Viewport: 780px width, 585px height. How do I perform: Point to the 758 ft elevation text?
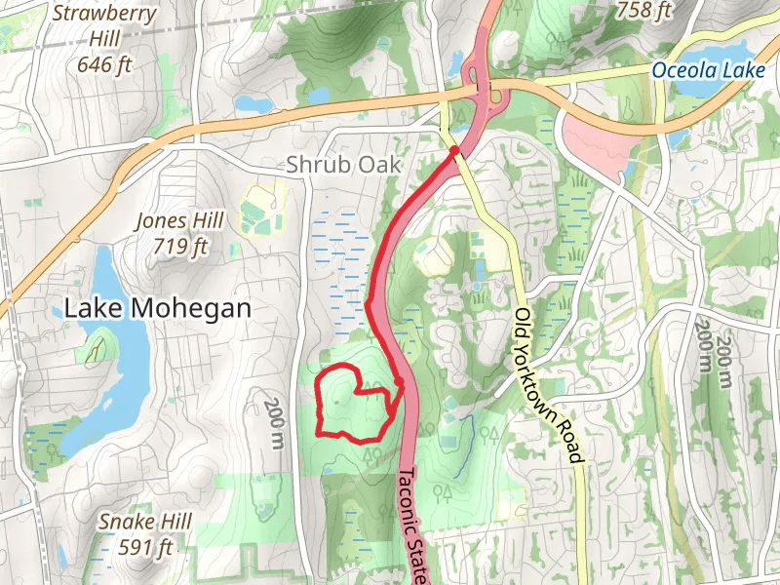(644, 11)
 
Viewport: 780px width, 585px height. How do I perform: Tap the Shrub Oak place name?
(343, 165)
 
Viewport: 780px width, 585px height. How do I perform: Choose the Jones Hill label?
(180, 220)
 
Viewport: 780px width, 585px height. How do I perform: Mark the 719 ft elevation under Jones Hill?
(180, 246)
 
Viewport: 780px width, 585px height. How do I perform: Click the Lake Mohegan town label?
(157, 308)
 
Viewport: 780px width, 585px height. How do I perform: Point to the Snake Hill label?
(144, 521)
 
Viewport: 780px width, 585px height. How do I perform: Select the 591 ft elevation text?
(144, 546)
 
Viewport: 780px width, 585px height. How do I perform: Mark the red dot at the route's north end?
(454, 150)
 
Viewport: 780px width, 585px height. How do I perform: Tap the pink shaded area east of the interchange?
(596, 141)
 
